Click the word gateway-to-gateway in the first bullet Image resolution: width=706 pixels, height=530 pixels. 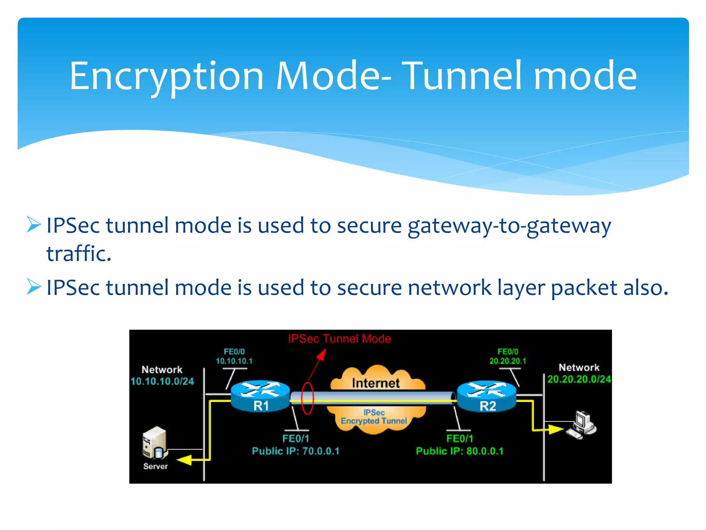point(509,226)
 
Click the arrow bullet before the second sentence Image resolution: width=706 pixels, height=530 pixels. point(34,287)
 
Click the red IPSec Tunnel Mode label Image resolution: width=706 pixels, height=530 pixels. point(339,338)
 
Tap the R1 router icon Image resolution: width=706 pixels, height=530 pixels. point(260,396)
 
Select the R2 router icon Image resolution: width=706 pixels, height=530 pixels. point(487,396)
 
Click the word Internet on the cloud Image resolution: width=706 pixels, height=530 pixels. point(375,383)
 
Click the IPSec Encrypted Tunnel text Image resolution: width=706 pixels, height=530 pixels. point(374,417)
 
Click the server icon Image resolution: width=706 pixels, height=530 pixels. point(155,443)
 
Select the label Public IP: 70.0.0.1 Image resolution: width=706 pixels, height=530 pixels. point(295,451)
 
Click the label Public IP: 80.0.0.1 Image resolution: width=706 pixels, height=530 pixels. point(460,451)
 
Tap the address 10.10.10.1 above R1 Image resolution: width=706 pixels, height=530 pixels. point(234,361)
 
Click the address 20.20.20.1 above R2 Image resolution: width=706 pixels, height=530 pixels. point(508,361)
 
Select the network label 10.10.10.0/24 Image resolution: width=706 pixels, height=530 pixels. point(162,381)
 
